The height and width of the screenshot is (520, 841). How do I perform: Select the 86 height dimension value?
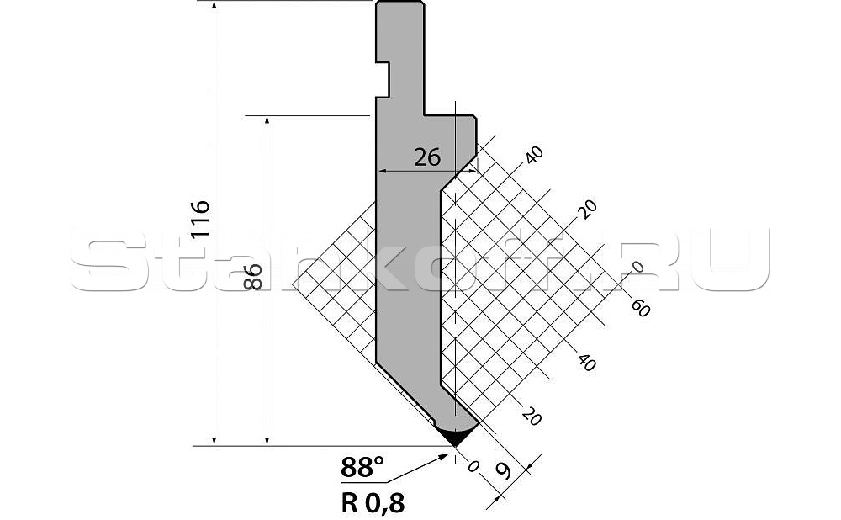point(253,277)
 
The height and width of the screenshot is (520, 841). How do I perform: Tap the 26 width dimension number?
point(427,158)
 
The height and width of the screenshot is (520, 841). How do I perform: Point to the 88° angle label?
point(362,467)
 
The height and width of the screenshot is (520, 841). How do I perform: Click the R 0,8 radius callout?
point(373,503)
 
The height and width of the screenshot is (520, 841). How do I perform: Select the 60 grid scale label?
point(640,308)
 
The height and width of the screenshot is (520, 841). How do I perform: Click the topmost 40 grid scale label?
point(534,155)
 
